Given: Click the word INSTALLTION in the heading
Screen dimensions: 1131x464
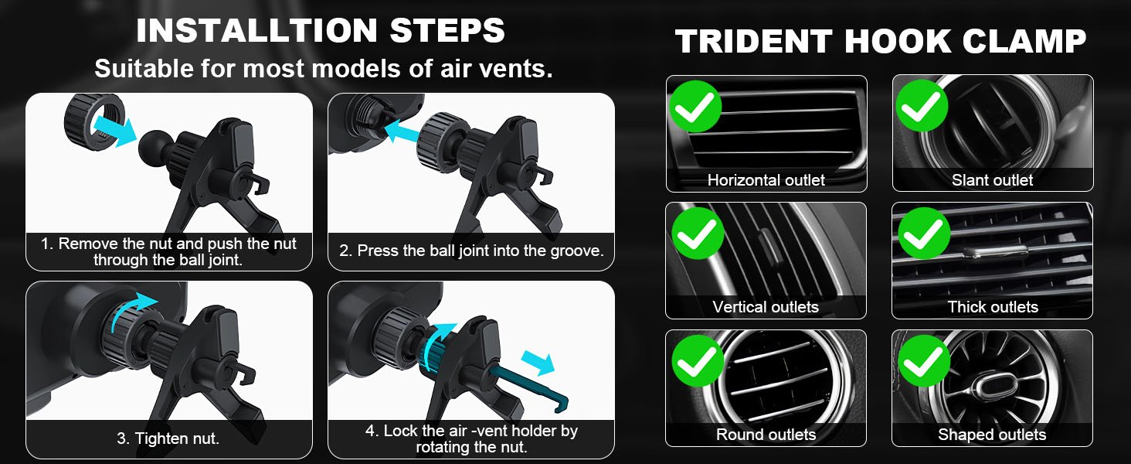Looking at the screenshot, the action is click(x=257, y=30).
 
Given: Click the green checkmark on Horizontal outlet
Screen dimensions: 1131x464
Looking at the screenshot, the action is click(x=695, y=107).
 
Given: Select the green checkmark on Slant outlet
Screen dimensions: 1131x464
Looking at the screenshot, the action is click(x=922, y=106).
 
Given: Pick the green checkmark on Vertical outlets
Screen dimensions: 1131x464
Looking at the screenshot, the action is click(x=698, y=234).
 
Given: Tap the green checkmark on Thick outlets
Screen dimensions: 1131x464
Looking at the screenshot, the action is click(x=924, y=234).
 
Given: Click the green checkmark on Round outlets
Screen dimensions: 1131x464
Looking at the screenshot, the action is click(x=698, y=361).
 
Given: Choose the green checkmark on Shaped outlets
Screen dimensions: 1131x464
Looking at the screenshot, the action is click(x=924, y=361).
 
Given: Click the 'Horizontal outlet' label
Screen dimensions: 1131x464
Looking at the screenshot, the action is click(x=766, y=180).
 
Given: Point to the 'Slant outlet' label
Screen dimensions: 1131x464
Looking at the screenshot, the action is click(x=992, y=180).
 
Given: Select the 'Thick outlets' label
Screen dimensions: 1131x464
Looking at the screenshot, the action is click(x=993, y=307).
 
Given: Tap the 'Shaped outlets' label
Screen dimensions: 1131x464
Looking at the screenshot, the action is click(x=992, y=435).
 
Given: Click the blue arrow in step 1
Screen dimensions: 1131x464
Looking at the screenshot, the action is click(x=115, y=131).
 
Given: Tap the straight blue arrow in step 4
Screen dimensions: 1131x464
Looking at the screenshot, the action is click(x=538, y=363).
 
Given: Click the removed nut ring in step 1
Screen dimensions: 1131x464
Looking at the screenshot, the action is click(x=94, y=121).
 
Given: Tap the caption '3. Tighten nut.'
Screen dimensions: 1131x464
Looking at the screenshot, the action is click(x=168, y=438).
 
